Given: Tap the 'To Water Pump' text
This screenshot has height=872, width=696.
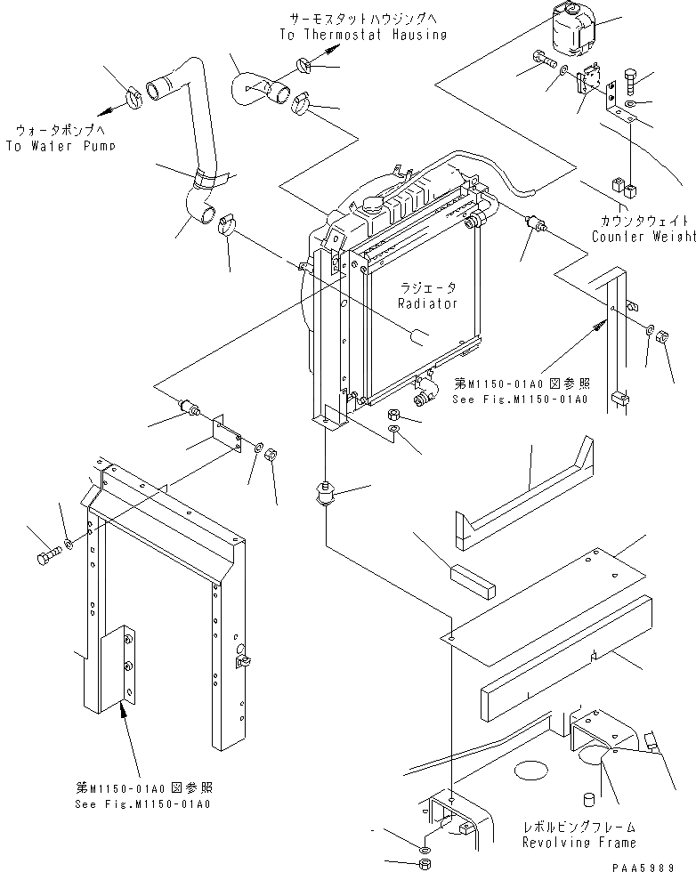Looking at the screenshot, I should pyautogui.click(x=60, y=146).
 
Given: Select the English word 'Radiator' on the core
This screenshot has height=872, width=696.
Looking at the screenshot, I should pyautogui.click(x=428, y=303).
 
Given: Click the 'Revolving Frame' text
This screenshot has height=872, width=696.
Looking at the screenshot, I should pyautogui.click(x=579, y=842).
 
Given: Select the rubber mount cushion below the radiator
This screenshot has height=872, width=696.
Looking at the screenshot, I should pyautogui.click(x=323, y=492).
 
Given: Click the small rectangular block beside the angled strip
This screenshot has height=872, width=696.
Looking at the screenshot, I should pyautogui.click(x=474, y=577).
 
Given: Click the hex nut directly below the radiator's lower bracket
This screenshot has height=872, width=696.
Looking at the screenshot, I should pyautogui.click(x=395, y=417).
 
